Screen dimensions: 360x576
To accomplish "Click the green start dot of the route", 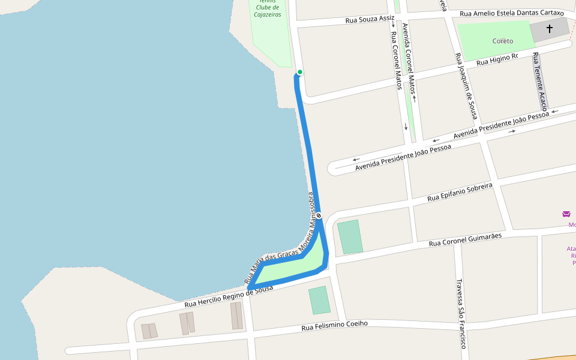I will [x=300, y=73].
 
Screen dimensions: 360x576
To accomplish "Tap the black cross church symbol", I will [x=549, y=29].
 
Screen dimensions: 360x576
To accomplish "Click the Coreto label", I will [x=503, y=41].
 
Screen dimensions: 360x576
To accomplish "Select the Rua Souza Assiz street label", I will [x=370, y=20].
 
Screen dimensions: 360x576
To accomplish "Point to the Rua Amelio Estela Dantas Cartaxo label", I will [x=512, y=13].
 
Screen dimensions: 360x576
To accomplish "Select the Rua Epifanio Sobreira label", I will [x=460, y=192].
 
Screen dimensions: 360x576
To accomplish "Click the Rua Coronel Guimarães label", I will [x=465, y=240].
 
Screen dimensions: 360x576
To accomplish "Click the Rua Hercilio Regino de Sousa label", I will [x=229, y=297].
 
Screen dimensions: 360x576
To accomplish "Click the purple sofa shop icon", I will [x=566, y=214].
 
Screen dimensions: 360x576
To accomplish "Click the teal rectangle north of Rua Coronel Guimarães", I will [x=350, y=236].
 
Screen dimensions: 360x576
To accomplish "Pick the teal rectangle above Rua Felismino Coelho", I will [x=319, y=300].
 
